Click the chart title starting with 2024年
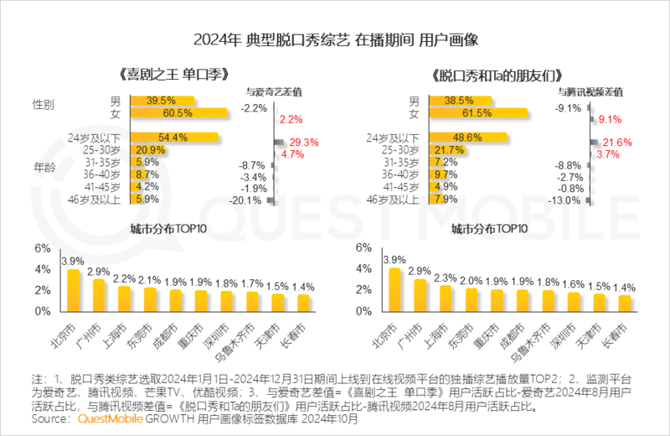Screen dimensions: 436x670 [336, 39]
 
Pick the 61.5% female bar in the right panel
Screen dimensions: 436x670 [477, 112]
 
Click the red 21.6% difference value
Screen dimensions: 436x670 [616, 143]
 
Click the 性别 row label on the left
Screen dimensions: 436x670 [44, 106]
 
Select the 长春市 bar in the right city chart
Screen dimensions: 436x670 [624, 303]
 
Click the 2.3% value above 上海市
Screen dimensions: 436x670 [445, 278]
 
